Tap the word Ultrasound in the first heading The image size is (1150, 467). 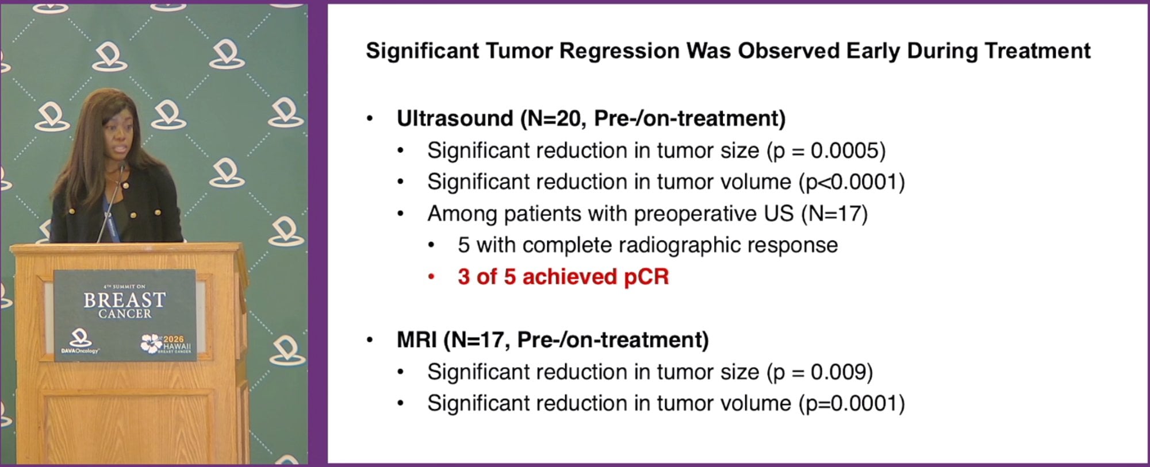pos(455,118)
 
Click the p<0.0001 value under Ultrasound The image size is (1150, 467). pos(851,182)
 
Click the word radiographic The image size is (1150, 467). pos(657,246)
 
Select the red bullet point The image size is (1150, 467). pos(431,277)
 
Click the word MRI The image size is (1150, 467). pos(417,340)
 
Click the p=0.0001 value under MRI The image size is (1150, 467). pos(851,403)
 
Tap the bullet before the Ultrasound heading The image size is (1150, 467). pos(370,119)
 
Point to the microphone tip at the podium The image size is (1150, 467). pos(122,167)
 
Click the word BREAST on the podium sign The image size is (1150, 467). pos(125,300)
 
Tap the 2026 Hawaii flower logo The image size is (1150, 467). pos(151,344)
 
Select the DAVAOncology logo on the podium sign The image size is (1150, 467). pos(80,342)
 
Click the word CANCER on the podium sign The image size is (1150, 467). pos(125,314)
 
